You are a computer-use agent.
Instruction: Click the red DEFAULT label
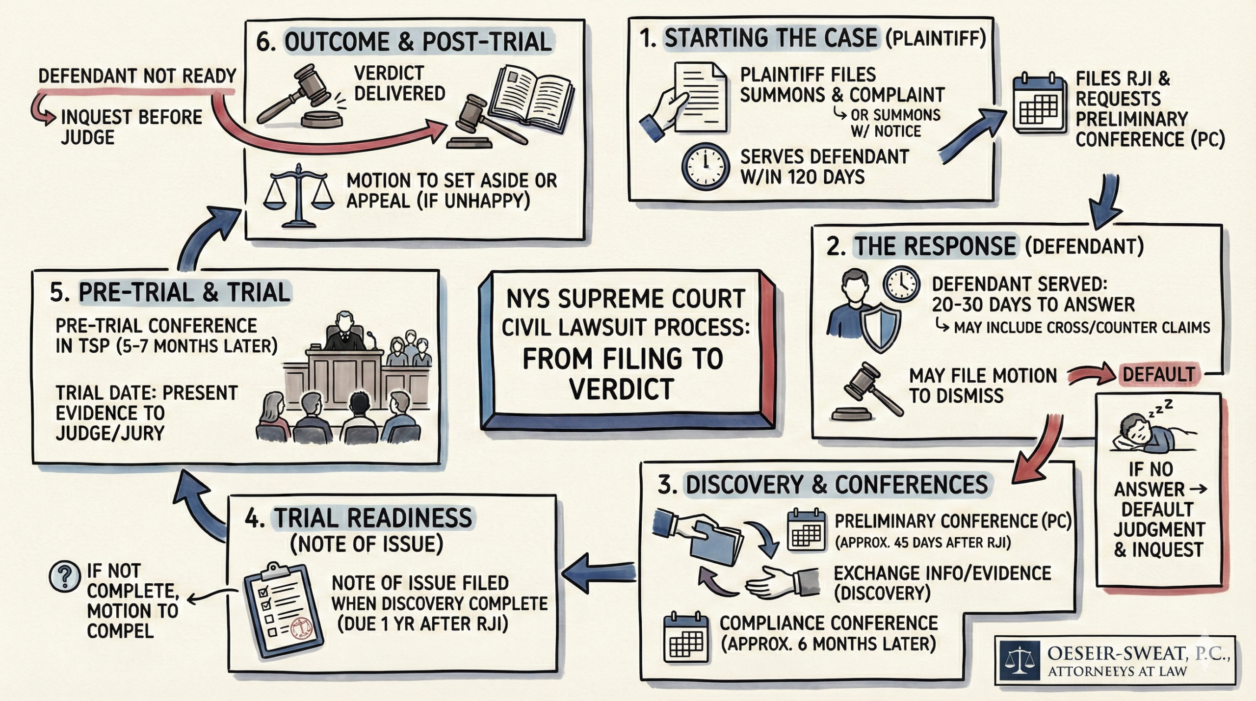[x=1158, y=375]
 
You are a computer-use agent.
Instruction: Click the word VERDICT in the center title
[x=622, y=390]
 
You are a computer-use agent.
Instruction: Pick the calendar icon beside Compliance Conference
[x=686, y=638]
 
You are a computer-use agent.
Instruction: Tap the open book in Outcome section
[x=534, y=98]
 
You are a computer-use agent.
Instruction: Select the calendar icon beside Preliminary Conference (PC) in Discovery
[x=806, y=530]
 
